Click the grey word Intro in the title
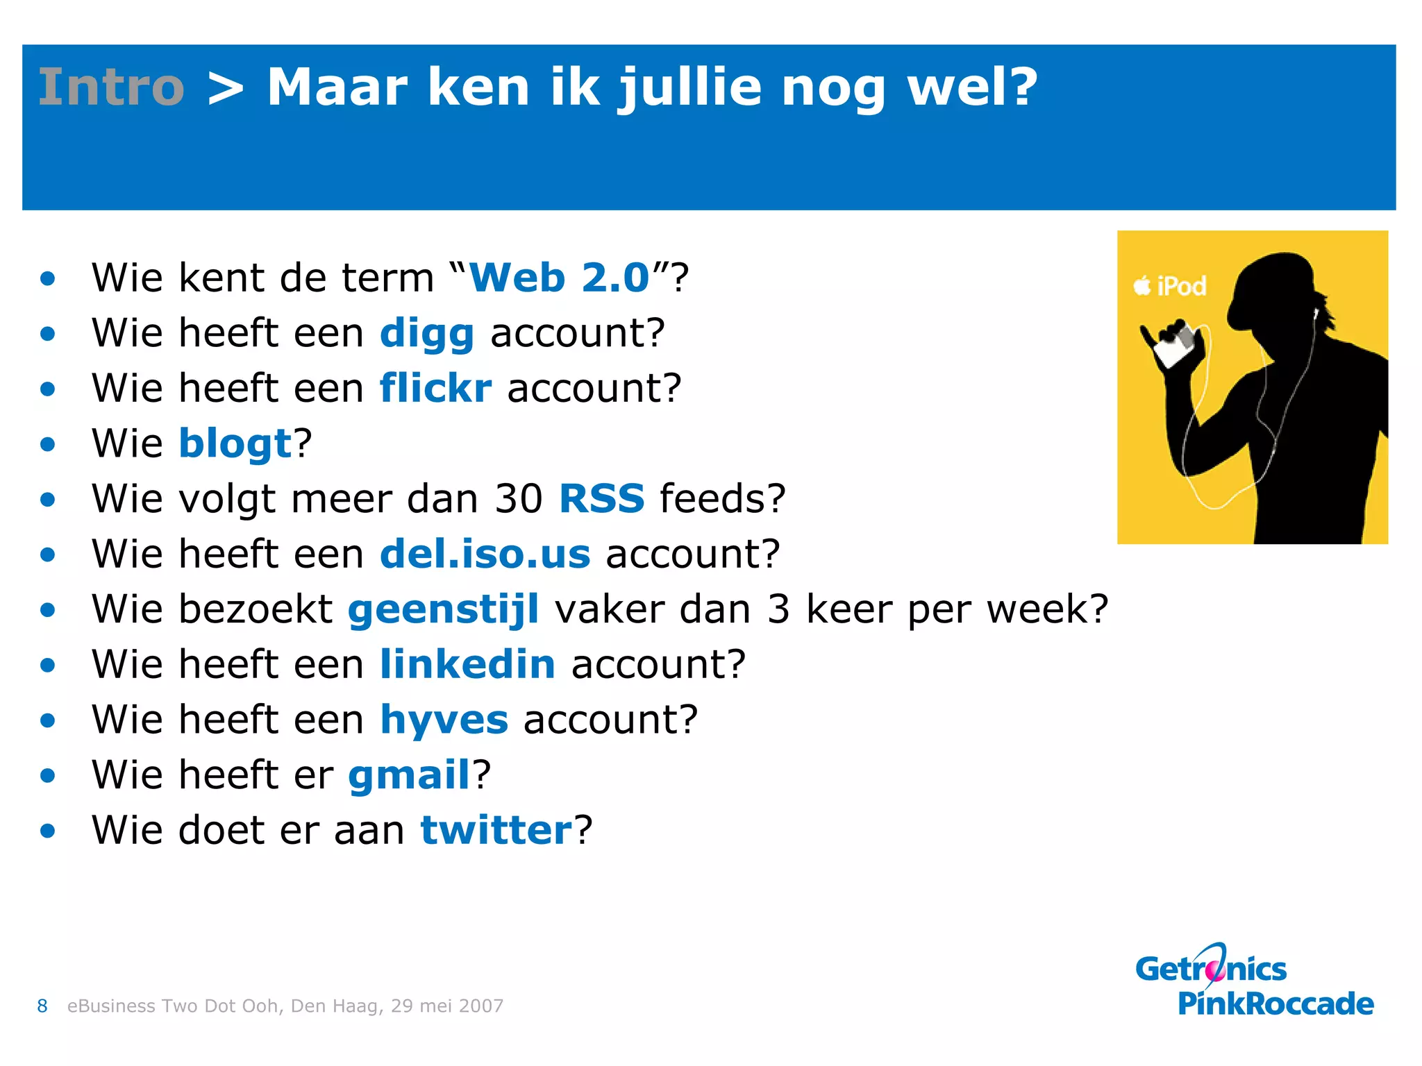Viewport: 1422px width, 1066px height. click(x=111, y=87)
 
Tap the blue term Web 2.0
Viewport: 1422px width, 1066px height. click(x=559, y=278)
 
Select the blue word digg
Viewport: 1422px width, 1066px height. click(x=426, y=334)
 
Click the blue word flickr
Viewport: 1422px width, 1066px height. click(x=435, y=388)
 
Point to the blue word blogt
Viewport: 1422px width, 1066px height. click(x=235, y=443)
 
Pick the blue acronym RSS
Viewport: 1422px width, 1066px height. click(x=601, y=498)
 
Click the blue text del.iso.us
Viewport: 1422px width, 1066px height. click(x=485, y=554)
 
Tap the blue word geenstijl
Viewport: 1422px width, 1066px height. click(x=443, y=609)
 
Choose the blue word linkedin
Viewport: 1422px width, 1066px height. click(x=467, y=664)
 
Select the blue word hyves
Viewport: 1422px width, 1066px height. click(x=444, y=720)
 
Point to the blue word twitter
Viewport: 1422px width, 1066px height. click(x=496, y=830)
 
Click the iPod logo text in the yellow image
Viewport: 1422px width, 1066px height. click(x=1171, y=286)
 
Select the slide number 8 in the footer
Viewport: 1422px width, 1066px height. click(x=42, y=1006)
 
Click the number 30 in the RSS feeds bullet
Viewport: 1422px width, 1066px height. click(x=518, y=498)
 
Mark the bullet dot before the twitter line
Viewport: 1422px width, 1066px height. click(x=47, y=830)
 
